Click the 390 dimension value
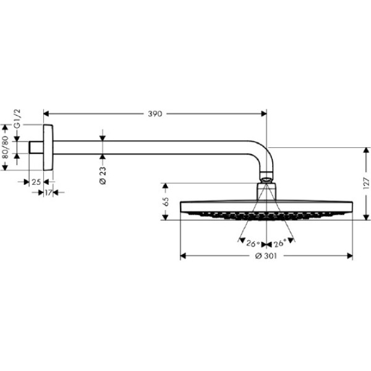[x=155, y=114]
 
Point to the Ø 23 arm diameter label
[x=103, y=175]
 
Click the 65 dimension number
[x=165, y=202]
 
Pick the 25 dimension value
[x=35, y=182]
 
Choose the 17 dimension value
[x=48, y=193]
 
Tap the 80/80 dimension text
[x=7, y=148]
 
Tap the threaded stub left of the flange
[x=36, y=148]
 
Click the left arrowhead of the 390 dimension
[x=46, y=114]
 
